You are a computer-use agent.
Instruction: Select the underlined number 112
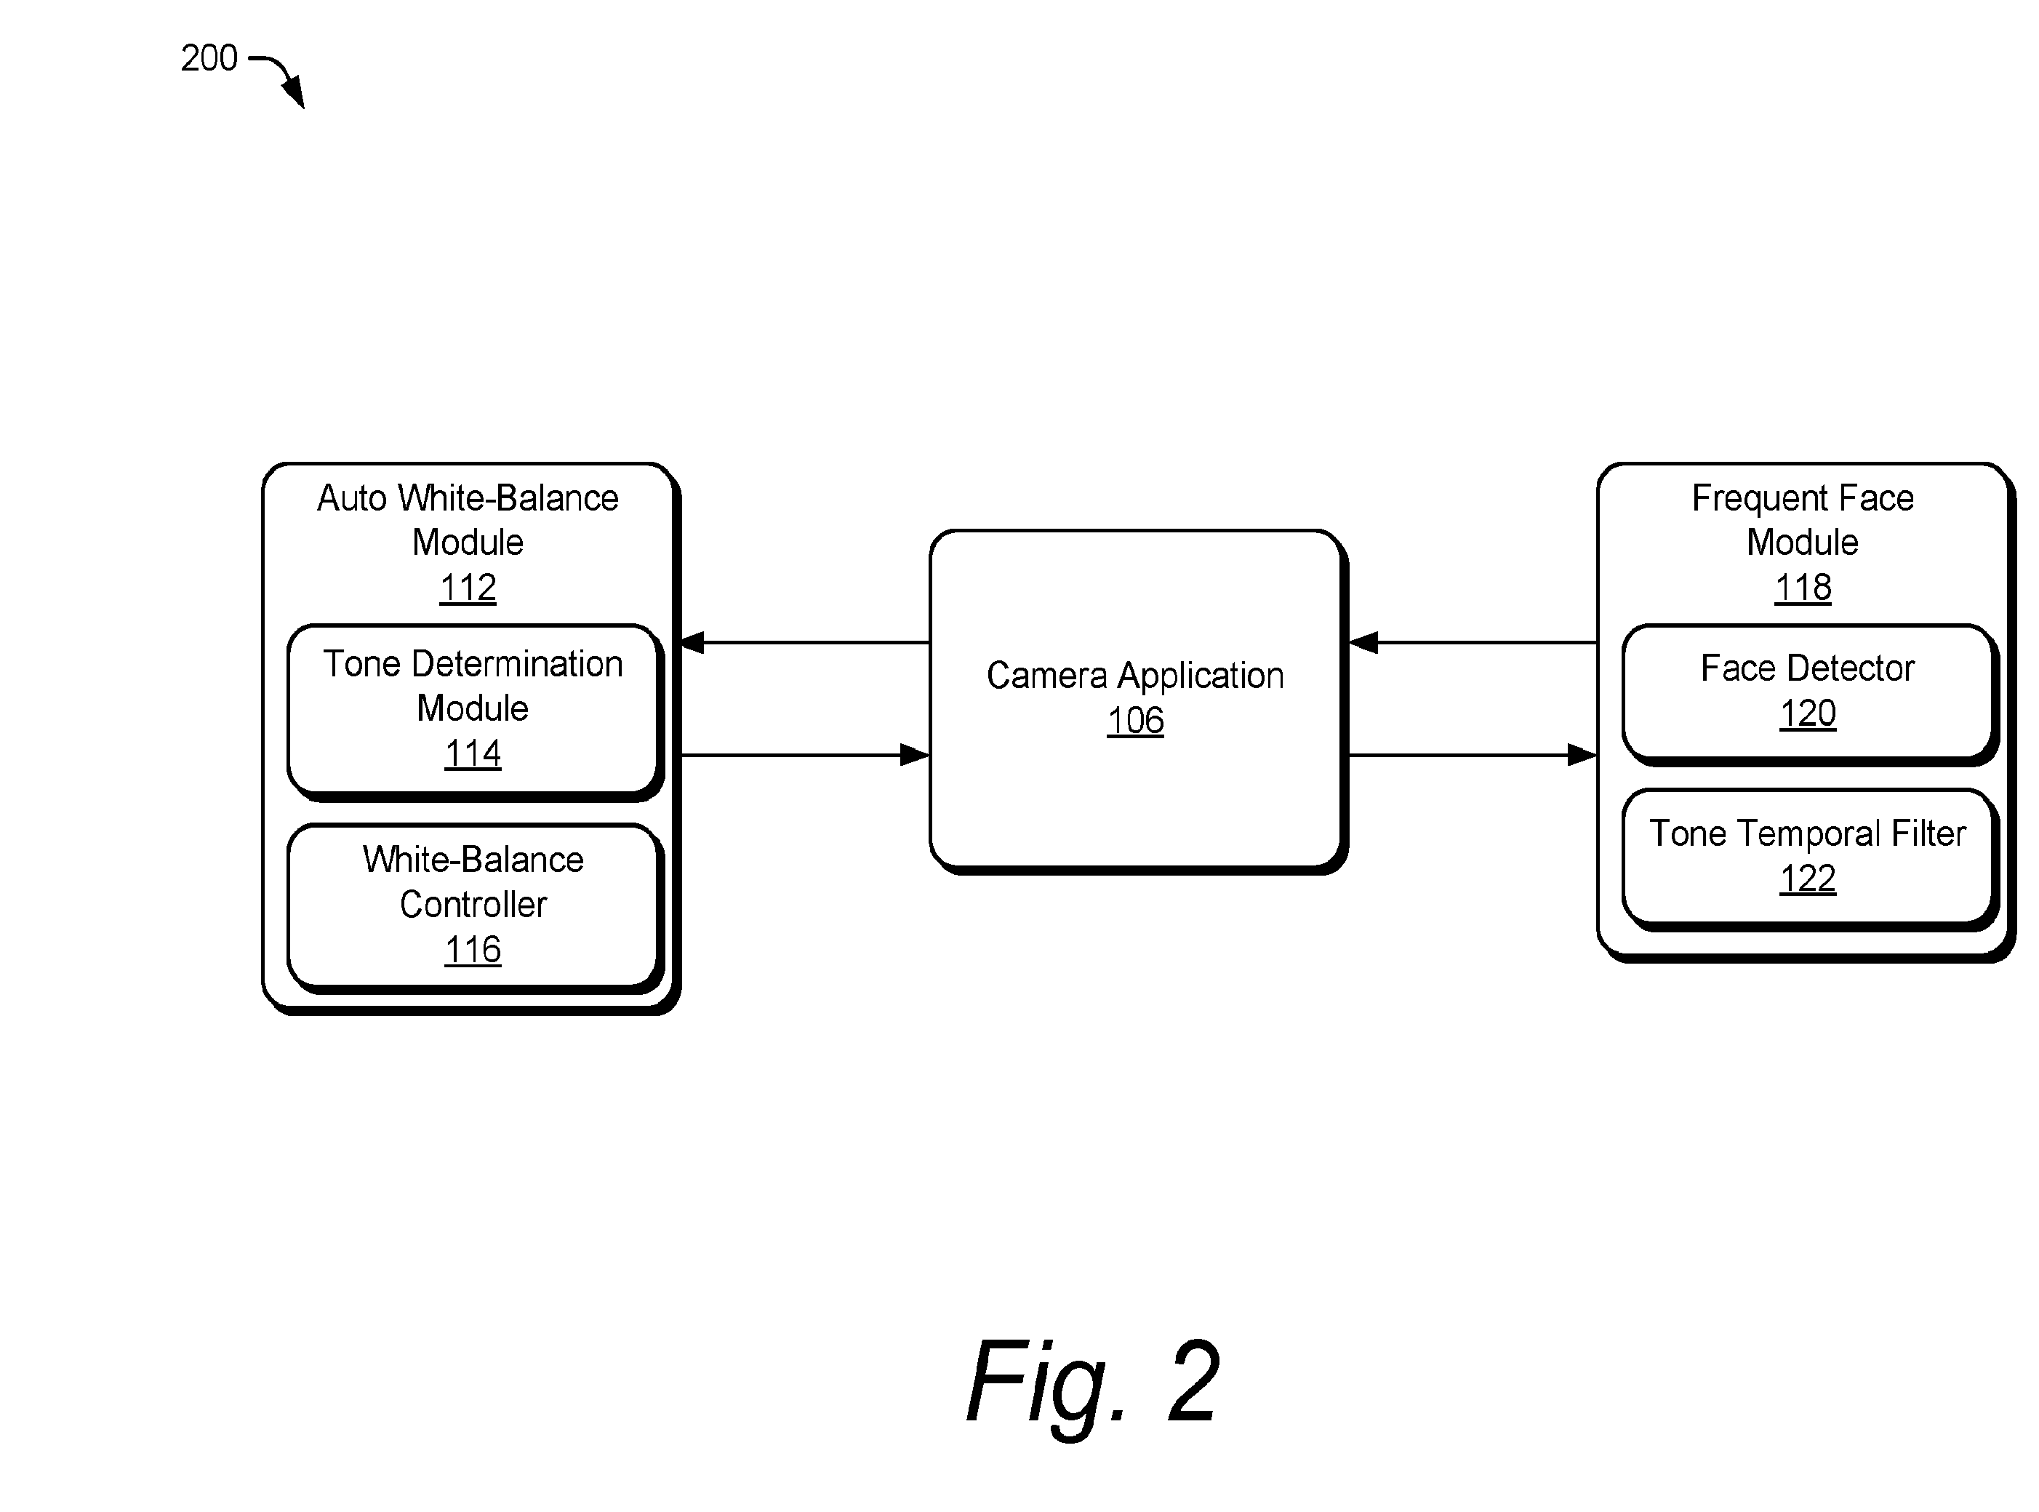pos(468,588)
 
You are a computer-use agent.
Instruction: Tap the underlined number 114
pos(472,753)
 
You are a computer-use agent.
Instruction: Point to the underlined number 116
pos(472,950)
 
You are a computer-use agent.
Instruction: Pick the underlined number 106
pos(1135,721)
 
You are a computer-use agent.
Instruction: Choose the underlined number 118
pos(1802,588)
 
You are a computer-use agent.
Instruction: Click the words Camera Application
pos(1135,676)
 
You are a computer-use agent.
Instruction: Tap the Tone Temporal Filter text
pos(1808,833)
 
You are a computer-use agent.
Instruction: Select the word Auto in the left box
pos(353,499)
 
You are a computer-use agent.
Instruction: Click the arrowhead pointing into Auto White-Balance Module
pos(693,642)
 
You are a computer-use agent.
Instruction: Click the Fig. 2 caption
pos(1093,1382)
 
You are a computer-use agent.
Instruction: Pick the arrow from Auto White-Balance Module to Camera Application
pos(806,755)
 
